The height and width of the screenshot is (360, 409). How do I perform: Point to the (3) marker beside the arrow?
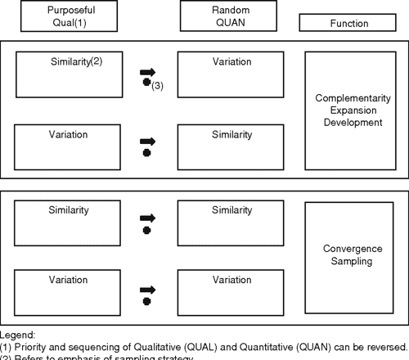click(x=158, y=85)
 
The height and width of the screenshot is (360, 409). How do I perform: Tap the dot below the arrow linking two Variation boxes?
click(x=146, y=302)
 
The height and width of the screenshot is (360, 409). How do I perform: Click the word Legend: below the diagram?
click(x=18, y=335)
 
